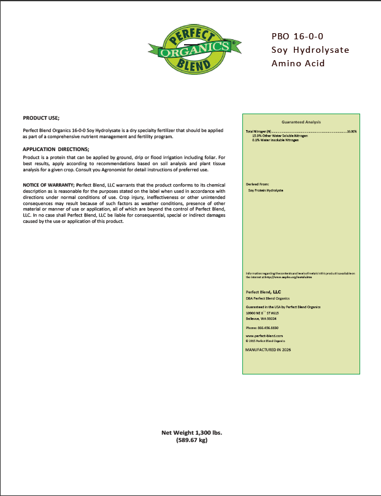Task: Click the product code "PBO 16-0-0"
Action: coord(297,36)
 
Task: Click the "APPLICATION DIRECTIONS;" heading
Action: coord(56,150)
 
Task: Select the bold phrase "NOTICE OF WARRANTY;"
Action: coord(48,185)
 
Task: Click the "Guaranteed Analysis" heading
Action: coord(301,122)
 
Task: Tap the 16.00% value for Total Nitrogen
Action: coord(351,131)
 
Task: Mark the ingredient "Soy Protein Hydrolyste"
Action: coord(271,191)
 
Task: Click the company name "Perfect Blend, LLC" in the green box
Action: coord(263,292)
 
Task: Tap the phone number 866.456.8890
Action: coord(266,328)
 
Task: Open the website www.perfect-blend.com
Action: coord(264,336)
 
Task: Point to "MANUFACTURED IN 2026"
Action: coord(268,349)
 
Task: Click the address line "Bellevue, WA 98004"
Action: coord(261,319)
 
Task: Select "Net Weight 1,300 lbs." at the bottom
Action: coord(191,433)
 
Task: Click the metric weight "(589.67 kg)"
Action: coord(192,440)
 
